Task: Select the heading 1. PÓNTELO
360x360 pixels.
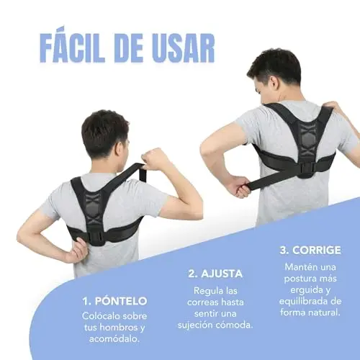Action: [x=114, y=301]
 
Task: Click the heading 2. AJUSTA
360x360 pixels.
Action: [x=215, y=274]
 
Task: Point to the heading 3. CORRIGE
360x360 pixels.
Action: [x=310, y=251]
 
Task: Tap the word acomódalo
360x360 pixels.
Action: [x=114, y=338]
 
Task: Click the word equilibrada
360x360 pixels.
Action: [x=303, y=301]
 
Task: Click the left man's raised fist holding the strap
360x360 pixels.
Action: [x=153, y=158]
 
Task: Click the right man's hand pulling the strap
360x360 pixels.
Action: [x=236, y=186]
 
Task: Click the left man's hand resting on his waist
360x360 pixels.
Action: [x=76, y=251]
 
